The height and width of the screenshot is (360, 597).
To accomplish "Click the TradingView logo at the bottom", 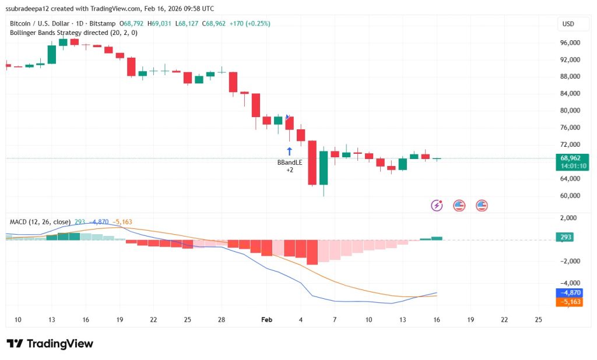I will [50, 344].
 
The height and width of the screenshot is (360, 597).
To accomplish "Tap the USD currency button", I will [567, 24].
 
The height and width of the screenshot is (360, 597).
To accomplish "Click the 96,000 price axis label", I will [569, 43].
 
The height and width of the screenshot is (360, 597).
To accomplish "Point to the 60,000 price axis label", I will [569, 196].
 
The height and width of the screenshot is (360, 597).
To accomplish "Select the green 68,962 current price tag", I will [570, 158].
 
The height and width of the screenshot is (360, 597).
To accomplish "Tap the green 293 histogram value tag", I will [566, 237].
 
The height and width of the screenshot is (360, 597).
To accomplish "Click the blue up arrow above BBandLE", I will [289, 151].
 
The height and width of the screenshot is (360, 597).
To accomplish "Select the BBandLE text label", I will [289, 163].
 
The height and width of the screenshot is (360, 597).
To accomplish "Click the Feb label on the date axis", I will [266, 320].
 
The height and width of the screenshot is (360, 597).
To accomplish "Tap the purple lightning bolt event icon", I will [437, 205].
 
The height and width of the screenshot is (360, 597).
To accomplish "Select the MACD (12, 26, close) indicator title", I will [40, 222].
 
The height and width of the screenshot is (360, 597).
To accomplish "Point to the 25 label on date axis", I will [538, 320].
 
